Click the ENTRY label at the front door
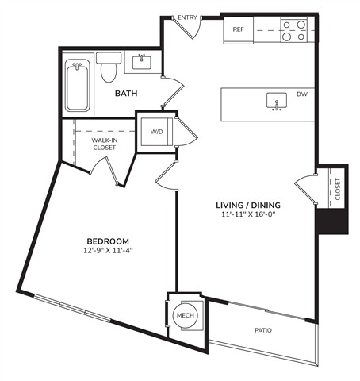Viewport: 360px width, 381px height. [187, 17]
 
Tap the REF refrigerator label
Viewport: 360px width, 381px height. [238, 29]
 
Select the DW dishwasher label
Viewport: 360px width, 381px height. [302, 94]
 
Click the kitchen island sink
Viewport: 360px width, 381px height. [277, 101]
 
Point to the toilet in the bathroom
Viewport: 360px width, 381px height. [109, 67]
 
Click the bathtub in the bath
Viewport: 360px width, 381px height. [77, 85]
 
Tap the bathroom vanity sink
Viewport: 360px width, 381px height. [142, 63]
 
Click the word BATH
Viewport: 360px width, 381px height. [126, 94]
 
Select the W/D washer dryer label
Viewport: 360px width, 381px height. [156, 132]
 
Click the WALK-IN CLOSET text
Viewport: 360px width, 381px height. [105, 144]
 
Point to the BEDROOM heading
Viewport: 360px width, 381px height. [108, 241]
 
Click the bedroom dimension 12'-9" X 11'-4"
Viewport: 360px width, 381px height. [108, 250]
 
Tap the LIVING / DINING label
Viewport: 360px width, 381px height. [248, 205]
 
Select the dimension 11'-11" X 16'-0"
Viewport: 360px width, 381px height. [248, 214]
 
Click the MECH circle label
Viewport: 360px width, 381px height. [186, 315]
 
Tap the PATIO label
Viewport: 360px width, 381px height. [263, 330]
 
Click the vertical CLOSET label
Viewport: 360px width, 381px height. [338, 189]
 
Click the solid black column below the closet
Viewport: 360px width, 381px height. [332, 221]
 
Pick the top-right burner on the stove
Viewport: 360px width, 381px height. [301, 25]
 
